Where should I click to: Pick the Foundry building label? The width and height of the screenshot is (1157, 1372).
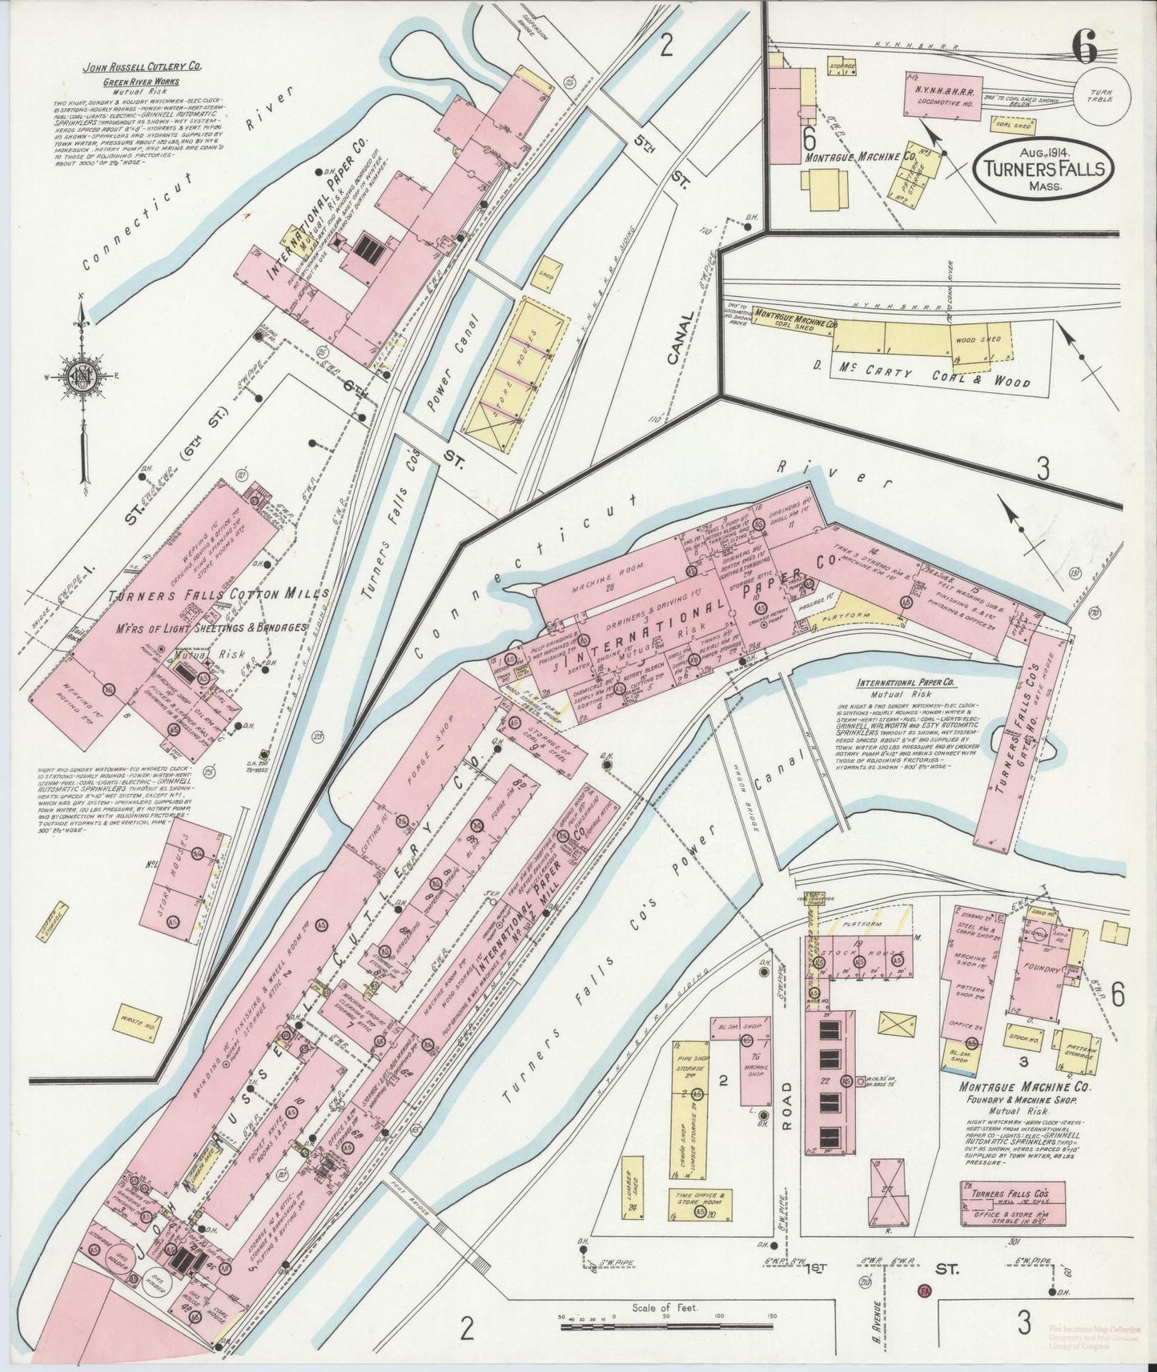pos(1040,968)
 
